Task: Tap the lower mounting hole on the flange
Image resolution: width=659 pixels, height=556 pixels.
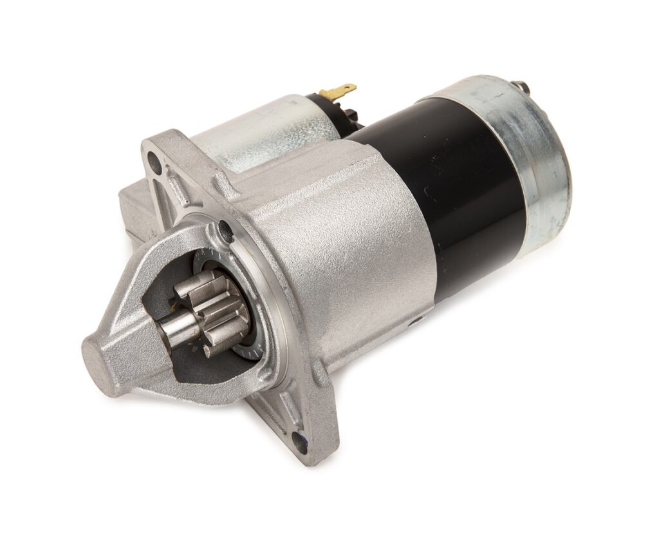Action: [299, 442]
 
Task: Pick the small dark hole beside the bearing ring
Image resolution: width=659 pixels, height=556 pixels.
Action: [225, 229]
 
